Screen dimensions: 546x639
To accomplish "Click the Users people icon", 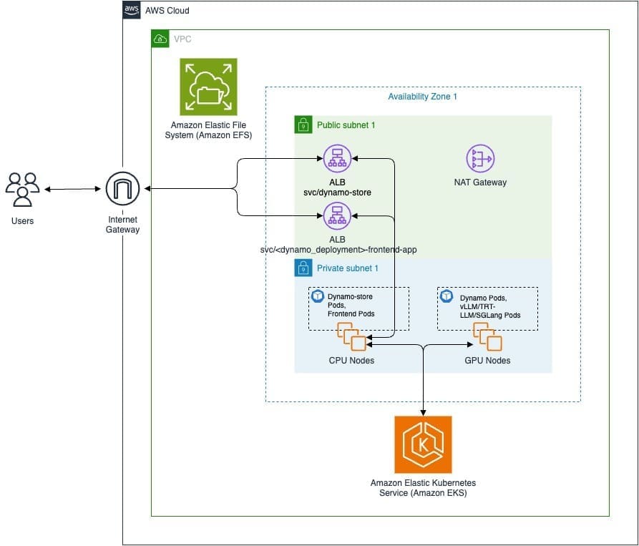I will [22, 190].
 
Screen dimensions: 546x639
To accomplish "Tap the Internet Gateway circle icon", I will [122, 190].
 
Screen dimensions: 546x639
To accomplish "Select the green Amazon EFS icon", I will [208, 87].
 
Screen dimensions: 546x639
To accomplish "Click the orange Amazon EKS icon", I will [423, 444].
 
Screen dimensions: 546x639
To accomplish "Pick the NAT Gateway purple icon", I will [480, 159].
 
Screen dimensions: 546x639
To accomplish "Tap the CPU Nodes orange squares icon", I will [351, 337].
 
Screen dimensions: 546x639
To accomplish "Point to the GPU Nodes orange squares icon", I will [487, 337].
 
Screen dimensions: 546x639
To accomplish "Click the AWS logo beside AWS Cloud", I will [132, 10].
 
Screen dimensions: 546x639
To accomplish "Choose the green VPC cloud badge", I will [161, 39].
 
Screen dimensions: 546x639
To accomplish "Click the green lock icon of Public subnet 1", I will [303, 125].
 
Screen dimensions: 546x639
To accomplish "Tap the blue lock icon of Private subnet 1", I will [303, 268].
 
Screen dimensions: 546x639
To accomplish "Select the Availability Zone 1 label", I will [422, 97].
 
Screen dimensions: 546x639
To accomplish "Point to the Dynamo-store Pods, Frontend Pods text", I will [351, 304].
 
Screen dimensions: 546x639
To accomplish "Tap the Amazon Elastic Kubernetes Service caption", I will [423, 488].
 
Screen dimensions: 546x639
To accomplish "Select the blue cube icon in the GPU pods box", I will [447, 296].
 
